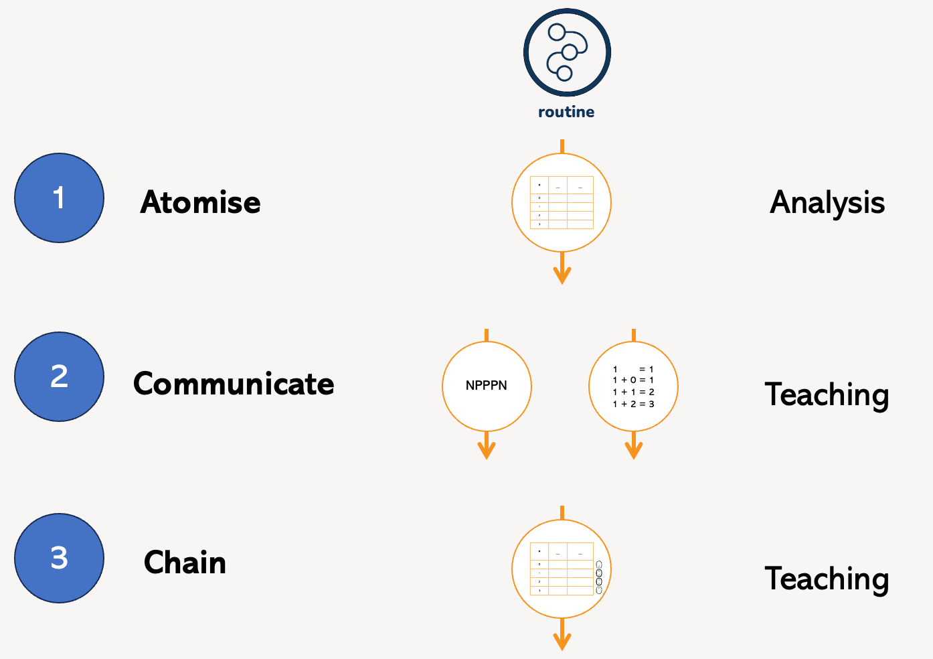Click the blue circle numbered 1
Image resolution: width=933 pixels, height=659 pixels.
coord(60,198)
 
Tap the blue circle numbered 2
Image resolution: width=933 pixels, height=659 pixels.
coord(60,377)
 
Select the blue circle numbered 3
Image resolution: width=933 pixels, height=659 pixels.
coord(60,558)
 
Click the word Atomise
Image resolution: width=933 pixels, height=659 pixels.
coord(200,202)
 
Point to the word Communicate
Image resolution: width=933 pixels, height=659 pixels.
coord(234,384)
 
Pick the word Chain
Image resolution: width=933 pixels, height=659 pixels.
coord(185,563)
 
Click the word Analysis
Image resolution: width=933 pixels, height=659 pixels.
coord(827,203)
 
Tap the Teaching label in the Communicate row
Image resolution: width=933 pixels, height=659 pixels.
coord(827,394)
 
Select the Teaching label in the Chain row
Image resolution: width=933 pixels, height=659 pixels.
coord(827,579)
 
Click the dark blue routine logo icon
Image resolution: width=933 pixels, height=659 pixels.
coord(567,52)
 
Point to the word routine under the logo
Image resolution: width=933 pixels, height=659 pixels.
coord(566,112)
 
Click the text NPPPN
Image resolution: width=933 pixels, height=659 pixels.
coord(487,386)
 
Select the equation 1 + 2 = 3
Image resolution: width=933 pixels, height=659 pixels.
coord(633,404)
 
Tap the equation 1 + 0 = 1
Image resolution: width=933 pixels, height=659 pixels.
coord(633,380)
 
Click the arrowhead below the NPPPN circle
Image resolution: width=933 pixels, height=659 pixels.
coord(487,451)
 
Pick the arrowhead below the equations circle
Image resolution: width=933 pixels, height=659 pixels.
coord(634,451)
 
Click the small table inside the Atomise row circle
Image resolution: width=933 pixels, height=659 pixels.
coord(562,202)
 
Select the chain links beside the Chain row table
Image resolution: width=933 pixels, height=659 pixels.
coord(599,577)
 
